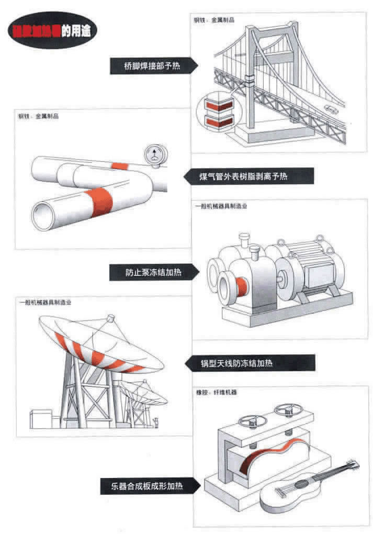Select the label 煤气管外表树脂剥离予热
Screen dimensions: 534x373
point(251,176)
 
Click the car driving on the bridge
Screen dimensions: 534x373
point(331,108)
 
